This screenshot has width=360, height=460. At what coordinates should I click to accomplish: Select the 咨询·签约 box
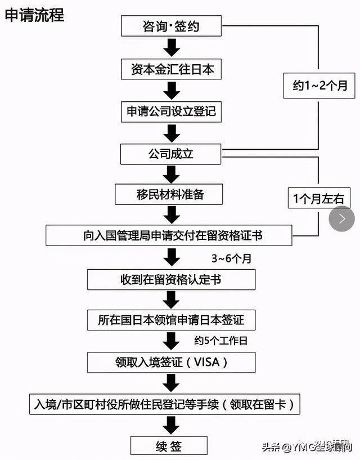pos(172,26)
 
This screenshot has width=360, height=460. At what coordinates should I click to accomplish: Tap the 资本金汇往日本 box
pos(172,69)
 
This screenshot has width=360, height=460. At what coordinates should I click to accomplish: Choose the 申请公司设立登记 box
pos(172,111)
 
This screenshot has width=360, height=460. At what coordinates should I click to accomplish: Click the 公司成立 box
pos(172,153)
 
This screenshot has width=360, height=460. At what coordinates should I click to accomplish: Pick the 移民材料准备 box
pos(169,195)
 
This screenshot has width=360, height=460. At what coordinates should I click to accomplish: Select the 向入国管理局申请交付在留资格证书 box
pos(169,235)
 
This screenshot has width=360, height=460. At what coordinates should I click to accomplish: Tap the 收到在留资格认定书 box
pos(172,279)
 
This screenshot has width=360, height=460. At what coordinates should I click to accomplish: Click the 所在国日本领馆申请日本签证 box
pos(172,320)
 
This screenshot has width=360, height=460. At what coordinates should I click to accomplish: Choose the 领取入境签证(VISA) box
pos(172,361)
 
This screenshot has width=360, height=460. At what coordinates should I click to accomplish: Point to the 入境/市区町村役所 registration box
pos(164,404)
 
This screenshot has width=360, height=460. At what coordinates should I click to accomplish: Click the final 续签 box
pos(168,446)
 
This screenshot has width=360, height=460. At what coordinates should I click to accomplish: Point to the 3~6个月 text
pos(231,260)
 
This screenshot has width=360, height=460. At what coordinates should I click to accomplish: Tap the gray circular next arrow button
pos(341,219)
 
